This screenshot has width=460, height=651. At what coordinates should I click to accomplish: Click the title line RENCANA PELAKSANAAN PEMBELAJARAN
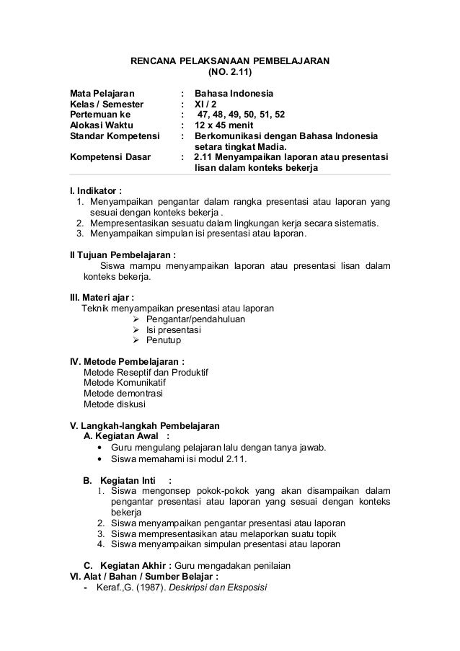(229, 61)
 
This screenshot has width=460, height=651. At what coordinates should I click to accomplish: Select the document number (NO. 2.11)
(230, 73)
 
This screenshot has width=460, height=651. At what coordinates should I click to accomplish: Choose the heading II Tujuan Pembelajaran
(122, 254)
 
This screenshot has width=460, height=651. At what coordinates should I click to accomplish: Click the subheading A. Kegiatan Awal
(127, 436)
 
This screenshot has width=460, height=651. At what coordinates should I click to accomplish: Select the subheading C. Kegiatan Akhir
(128, 567)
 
